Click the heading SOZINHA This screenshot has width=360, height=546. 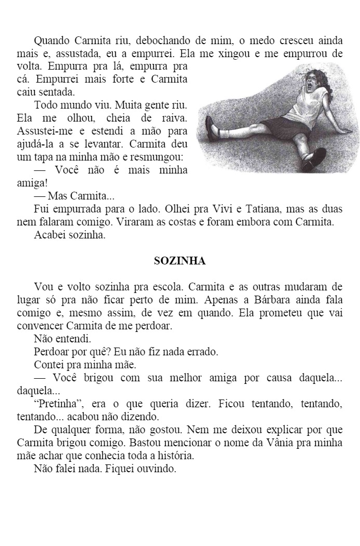(x=180, y=261)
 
